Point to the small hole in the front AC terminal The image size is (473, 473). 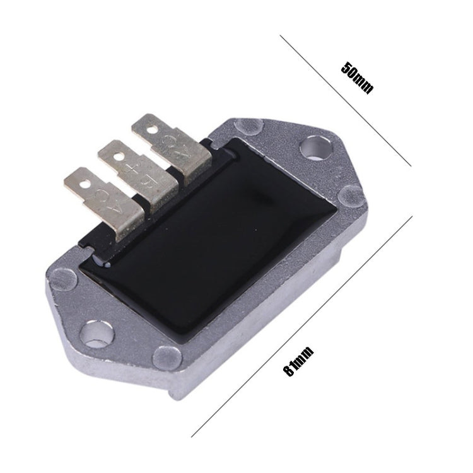coord(84,183)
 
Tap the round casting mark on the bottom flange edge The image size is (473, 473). coord(167,357)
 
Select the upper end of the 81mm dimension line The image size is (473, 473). coord(411,216)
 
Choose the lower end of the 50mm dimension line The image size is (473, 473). coord(411,165)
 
